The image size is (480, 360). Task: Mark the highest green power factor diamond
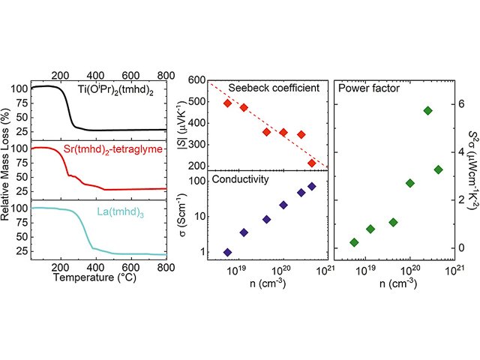tap(428, 110)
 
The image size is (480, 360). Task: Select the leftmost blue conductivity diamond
tap(228, 252)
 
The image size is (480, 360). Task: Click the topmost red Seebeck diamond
tap(228, 103)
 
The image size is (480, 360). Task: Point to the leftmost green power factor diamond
tap(355, 242)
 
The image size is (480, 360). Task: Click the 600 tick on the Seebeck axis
tap(197, 80)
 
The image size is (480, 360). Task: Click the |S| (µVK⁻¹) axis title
tap(178, 124)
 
